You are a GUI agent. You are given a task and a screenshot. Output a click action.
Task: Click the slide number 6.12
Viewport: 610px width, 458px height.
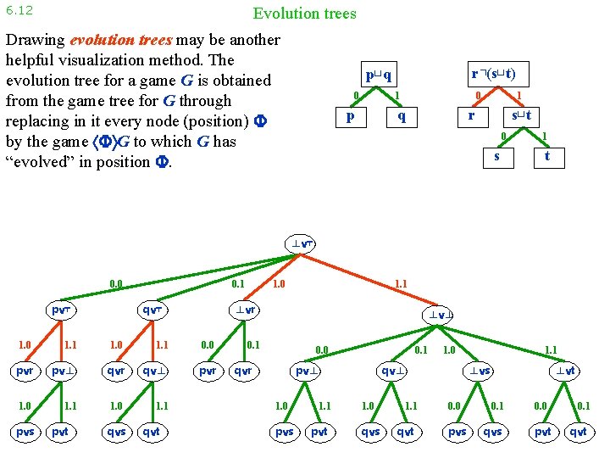coord(19,11)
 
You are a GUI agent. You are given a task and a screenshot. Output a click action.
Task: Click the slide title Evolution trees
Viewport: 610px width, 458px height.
coord(304,14)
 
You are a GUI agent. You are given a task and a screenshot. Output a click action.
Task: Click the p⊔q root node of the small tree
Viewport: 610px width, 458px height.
coord(376,74)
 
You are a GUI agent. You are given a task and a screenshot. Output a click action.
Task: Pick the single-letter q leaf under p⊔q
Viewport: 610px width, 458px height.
coord(402,116)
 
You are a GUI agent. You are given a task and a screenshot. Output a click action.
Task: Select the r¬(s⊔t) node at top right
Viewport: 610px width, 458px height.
coord(494,74)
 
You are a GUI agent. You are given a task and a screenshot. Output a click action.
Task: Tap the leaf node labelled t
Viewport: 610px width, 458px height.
coord(547,155)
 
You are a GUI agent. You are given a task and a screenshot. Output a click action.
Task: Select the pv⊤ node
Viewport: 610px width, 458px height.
coord(62,310)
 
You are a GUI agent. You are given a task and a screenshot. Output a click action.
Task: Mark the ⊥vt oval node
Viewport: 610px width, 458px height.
coord(566,371)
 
